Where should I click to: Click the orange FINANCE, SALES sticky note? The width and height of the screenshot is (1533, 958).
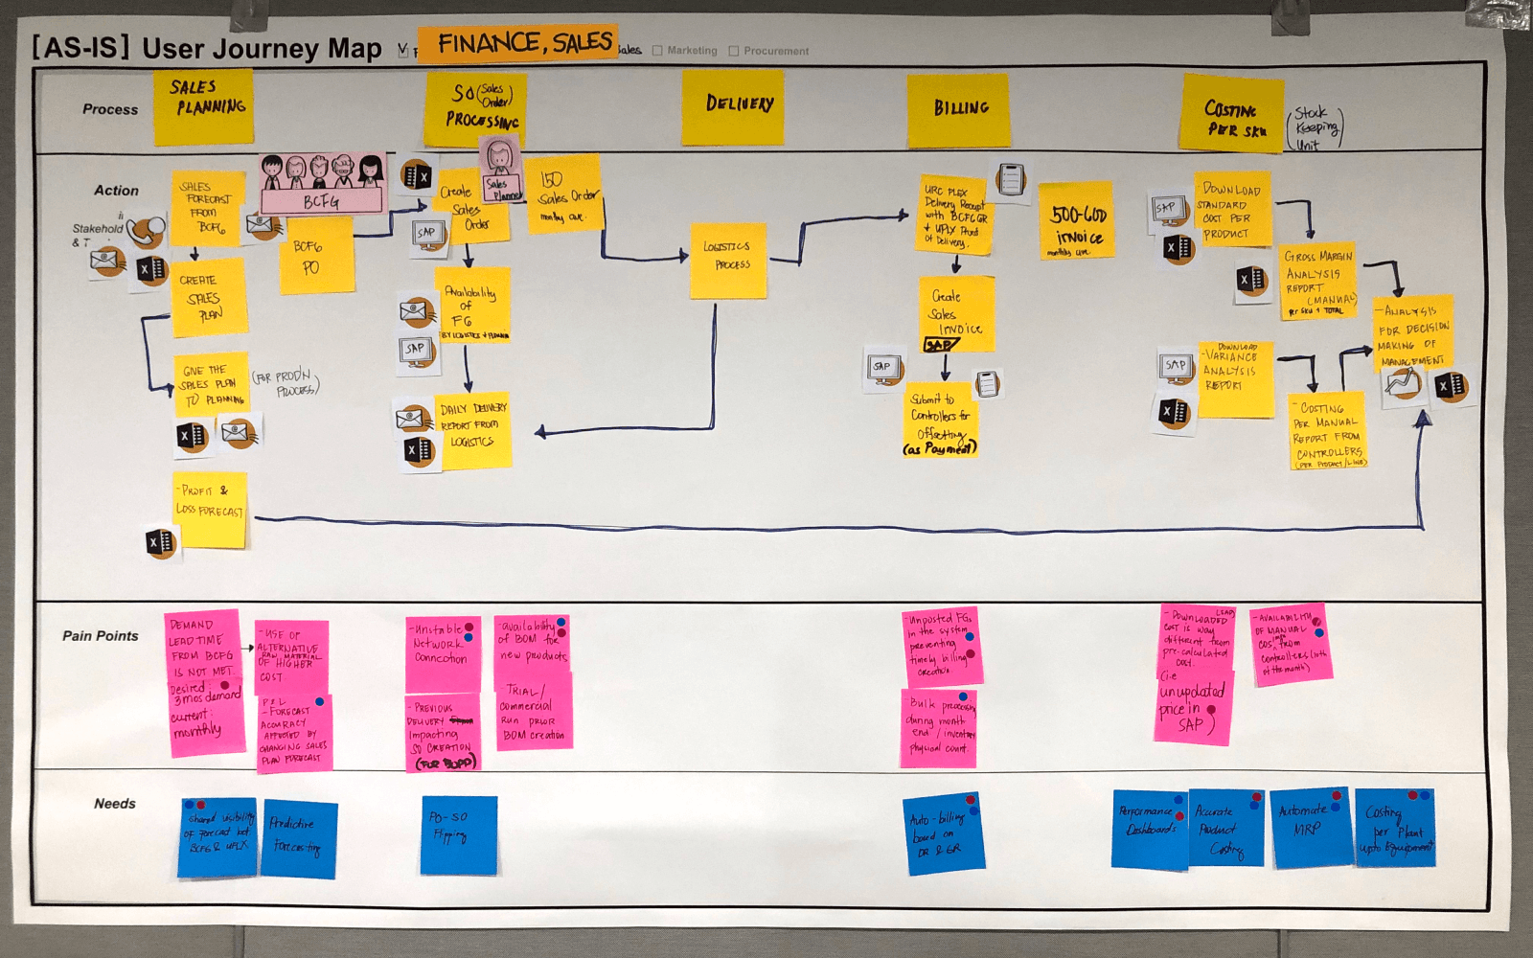point(517,44)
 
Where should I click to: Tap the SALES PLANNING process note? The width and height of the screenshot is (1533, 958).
point(204,106)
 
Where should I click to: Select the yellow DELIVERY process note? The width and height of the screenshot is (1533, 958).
point(732,107)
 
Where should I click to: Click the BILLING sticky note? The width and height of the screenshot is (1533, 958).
point(958,110)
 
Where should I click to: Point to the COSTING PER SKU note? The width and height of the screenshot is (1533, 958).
point(1231,113)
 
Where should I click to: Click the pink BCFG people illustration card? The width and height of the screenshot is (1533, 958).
point(322,184)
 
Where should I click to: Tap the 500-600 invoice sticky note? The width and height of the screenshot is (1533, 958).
point(1076,220)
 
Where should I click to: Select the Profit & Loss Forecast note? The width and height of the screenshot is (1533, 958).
point(210,509)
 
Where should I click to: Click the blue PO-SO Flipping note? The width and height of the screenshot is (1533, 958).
point(458,834)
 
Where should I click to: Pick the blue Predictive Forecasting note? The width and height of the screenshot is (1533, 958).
point(298,838)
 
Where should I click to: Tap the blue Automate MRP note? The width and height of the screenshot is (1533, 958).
point(1309,827)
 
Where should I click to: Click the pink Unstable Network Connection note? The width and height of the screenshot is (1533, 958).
point(442,653)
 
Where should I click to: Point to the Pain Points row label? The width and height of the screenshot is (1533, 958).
point(101,636)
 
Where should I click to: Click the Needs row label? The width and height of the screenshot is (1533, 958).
point(115,804)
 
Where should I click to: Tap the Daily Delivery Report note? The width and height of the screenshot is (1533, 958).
point(471,430)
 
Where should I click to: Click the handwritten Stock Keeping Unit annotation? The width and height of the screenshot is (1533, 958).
point(1316,128)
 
